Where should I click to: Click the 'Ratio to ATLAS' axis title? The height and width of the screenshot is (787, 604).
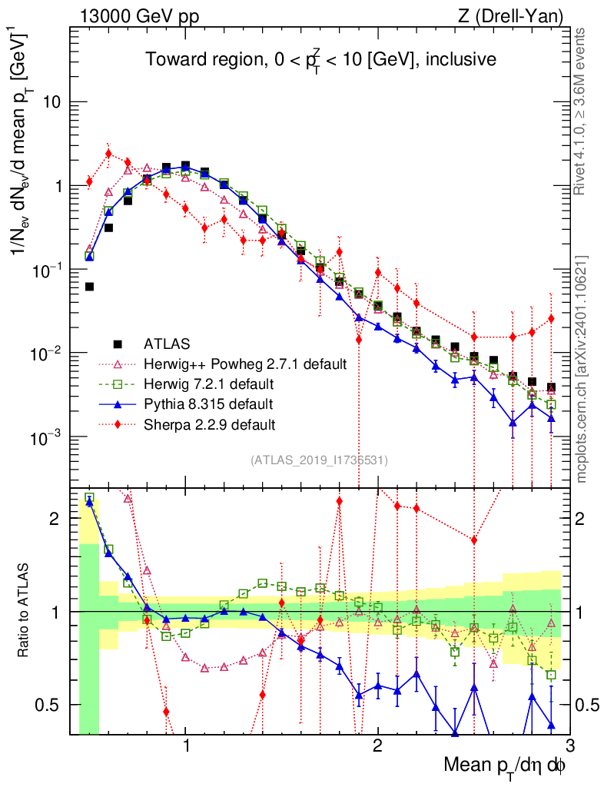(26, 611)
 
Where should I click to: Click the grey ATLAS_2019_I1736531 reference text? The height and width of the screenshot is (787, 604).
(319, 460)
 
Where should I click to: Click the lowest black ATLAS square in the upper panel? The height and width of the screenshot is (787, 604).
(551, 387)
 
